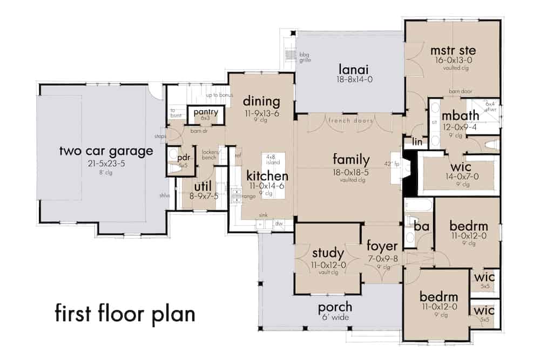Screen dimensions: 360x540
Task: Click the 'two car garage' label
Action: click(106, 152)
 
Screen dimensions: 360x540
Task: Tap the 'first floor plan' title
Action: click(125, 313)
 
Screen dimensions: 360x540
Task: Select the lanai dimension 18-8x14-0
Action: click(348, 79)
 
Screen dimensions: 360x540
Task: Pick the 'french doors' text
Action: click(350, 120)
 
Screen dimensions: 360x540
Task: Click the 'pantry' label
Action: click(206, 112)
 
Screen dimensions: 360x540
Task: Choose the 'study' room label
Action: click(328, 253)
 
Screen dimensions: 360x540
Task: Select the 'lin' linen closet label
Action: click(416, 141)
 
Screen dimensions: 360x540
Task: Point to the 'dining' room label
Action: click(261, 101)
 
